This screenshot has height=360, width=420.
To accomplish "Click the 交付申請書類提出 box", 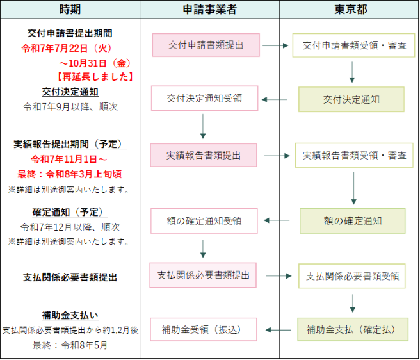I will pos(206,45).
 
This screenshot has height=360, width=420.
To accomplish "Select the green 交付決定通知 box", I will pos(351,99).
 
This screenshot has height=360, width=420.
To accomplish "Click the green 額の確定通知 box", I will pos(352,220).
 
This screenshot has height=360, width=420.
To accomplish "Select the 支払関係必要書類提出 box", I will pos(203,275).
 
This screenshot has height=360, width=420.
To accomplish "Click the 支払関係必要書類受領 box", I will pos(352,275).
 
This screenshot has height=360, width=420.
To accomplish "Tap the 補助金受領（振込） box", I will pos(204,330).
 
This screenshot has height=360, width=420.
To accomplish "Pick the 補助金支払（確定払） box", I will pos(351,329).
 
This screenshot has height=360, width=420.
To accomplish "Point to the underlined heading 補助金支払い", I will pos(70,315).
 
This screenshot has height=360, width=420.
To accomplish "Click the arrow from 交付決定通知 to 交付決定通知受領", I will pos(276,99).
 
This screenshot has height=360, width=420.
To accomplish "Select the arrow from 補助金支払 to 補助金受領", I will pos(277,330).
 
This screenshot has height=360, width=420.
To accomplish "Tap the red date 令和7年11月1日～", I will pos(69,159).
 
